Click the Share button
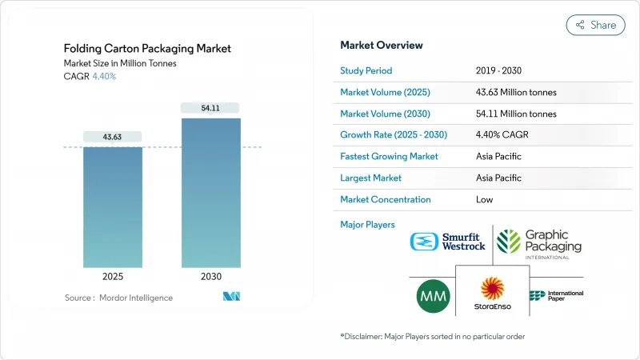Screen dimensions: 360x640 click(x=595, y=25)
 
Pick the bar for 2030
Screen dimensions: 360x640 click(x=210, y=192)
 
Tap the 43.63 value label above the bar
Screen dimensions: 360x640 click(x=113, y=137)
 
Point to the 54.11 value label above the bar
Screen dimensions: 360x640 click(x=210, y=108)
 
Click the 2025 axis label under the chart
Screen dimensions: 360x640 click(x=113, y=277)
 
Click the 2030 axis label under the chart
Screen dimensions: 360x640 click(x=210, y=277)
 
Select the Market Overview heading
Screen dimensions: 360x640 click(x=382, y=45)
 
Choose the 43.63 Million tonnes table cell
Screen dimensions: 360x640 click(x=515, y=92)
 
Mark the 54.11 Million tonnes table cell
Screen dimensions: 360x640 click(x=515, y=114)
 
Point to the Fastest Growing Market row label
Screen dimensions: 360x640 click(x=389, y=156)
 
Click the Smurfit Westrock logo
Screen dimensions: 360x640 click(x=447, y=242)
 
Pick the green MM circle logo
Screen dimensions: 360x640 click(x=434, y=297)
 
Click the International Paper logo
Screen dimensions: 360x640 click(x=555, y=296)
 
